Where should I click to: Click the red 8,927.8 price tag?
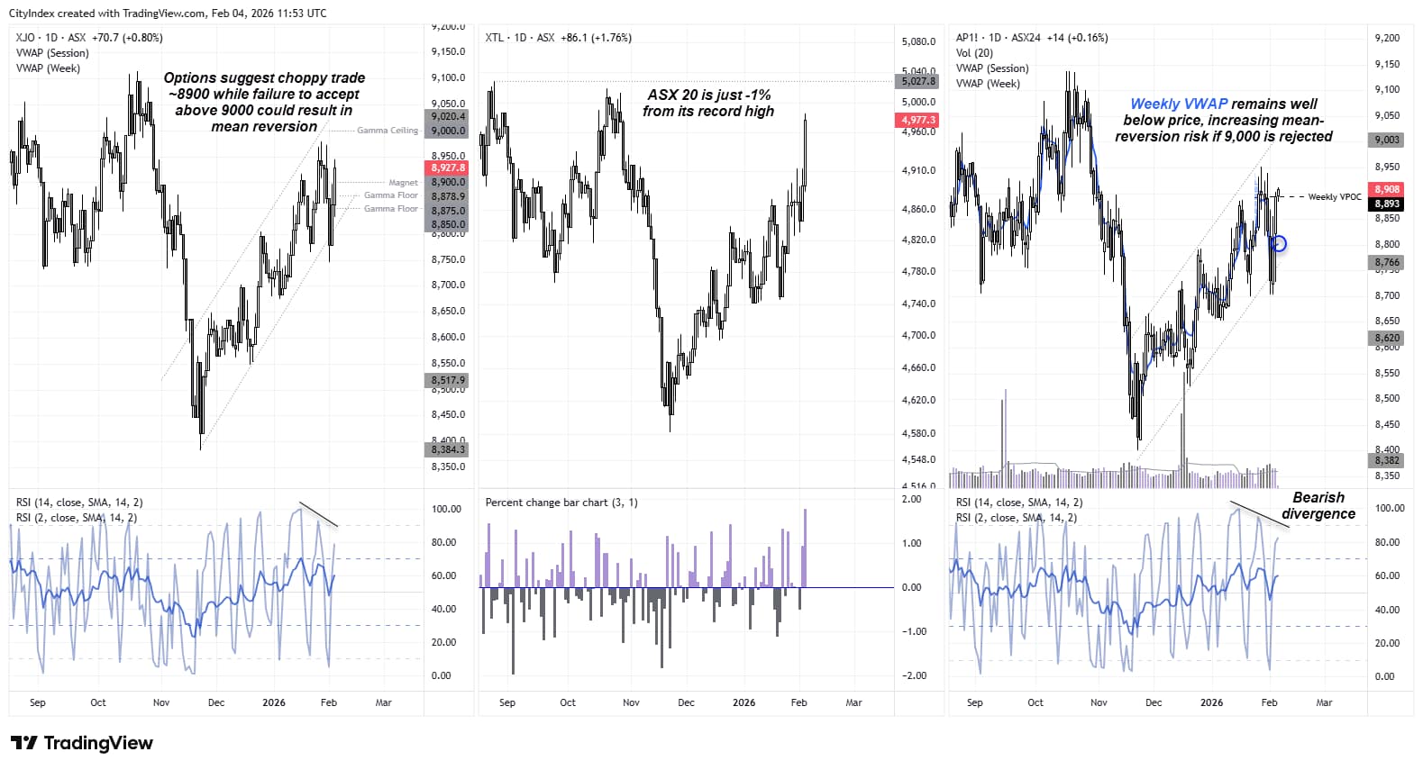pos(448,168)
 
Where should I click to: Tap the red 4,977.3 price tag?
pos(918,120)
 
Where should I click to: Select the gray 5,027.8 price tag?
pos(918,81)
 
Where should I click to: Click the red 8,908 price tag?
pos(1386,189)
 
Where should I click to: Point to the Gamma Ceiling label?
pos(388,131)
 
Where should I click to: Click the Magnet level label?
pos(403,183)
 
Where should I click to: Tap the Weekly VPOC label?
pos(1334,196)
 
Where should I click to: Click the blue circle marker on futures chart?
pos(1278,243)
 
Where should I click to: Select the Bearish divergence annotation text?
pos(1318,505)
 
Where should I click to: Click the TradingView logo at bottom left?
pos(81,743)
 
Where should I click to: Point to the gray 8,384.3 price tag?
pos(448,449)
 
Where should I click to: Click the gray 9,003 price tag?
pos(1386,140)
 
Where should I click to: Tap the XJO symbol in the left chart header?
pos(25,38)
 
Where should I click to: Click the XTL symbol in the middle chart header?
pos(494,38)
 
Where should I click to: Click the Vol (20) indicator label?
pos(974,53)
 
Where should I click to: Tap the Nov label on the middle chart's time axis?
pos(631,702)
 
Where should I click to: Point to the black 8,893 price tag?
pos(1386,204)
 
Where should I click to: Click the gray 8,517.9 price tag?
pos(448,380)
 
